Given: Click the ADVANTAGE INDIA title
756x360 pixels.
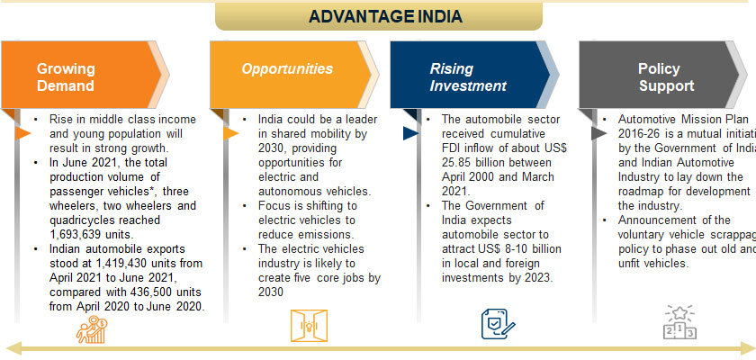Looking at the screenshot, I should (385, 16).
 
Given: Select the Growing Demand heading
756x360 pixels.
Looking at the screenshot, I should (65, 77).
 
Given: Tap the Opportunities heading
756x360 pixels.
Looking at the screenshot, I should (287, 68).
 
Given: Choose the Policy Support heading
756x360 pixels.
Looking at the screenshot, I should (666, 77).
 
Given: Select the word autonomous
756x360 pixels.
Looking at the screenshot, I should (292, 192).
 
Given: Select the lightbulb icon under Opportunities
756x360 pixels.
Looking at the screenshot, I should (304, 325).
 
